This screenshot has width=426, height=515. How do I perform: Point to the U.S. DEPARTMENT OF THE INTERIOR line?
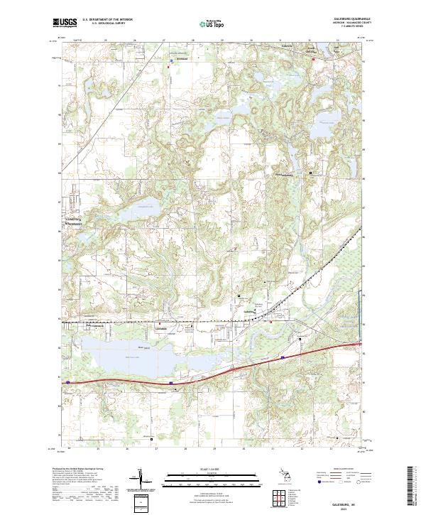pos(107,20)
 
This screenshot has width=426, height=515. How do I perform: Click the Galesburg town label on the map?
pos(248,311)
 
